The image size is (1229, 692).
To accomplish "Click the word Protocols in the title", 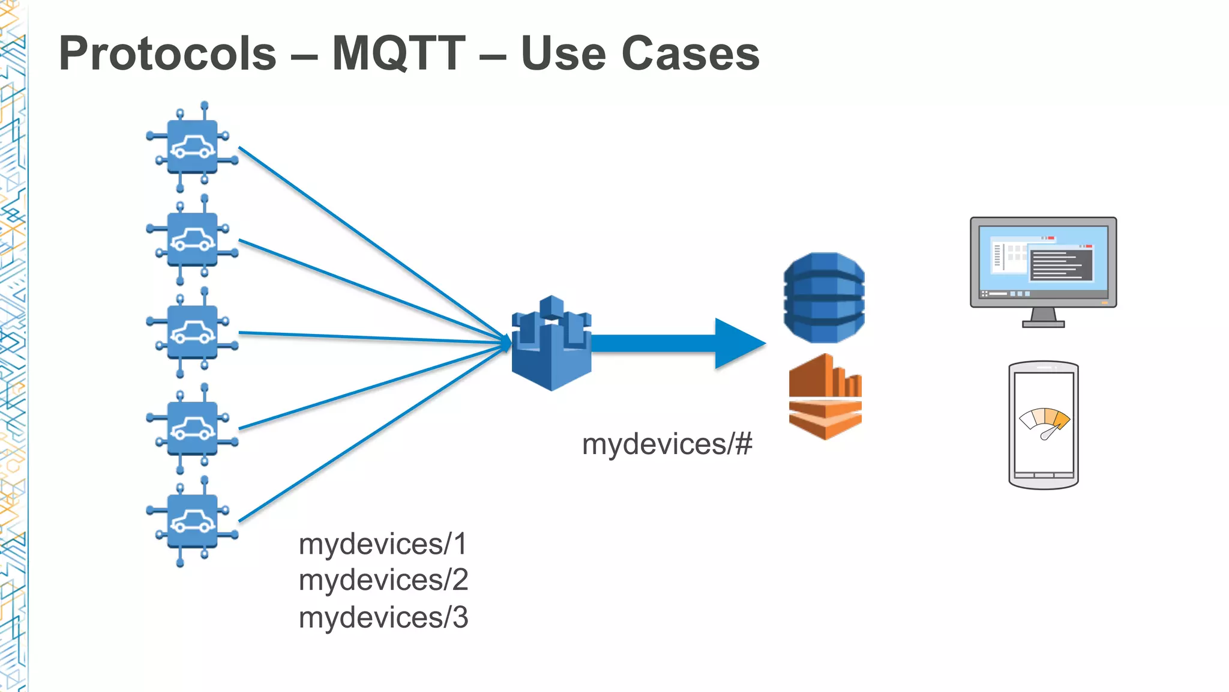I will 167,54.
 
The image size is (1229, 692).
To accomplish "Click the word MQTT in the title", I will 398,54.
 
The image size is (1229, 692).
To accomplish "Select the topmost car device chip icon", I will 192,147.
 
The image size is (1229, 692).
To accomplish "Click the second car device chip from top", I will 192,240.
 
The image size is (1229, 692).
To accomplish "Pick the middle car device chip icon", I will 192,332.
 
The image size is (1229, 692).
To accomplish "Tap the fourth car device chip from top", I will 192,429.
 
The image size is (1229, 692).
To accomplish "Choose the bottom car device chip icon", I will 192,521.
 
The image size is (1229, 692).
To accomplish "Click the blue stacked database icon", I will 824,298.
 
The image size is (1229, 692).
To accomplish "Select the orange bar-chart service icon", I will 825,396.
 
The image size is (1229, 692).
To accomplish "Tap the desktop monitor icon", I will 1043,270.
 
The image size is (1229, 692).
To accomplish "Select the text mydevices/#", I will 667,445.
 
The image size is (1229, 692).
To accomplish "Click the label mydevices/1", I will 382,544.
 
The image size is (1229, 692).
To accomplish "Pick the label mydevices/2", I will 383,580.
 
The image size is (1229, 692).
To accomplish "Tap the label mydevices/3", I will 383,618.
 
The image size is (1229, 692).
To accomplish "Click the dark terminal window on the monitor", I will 1061,265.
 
